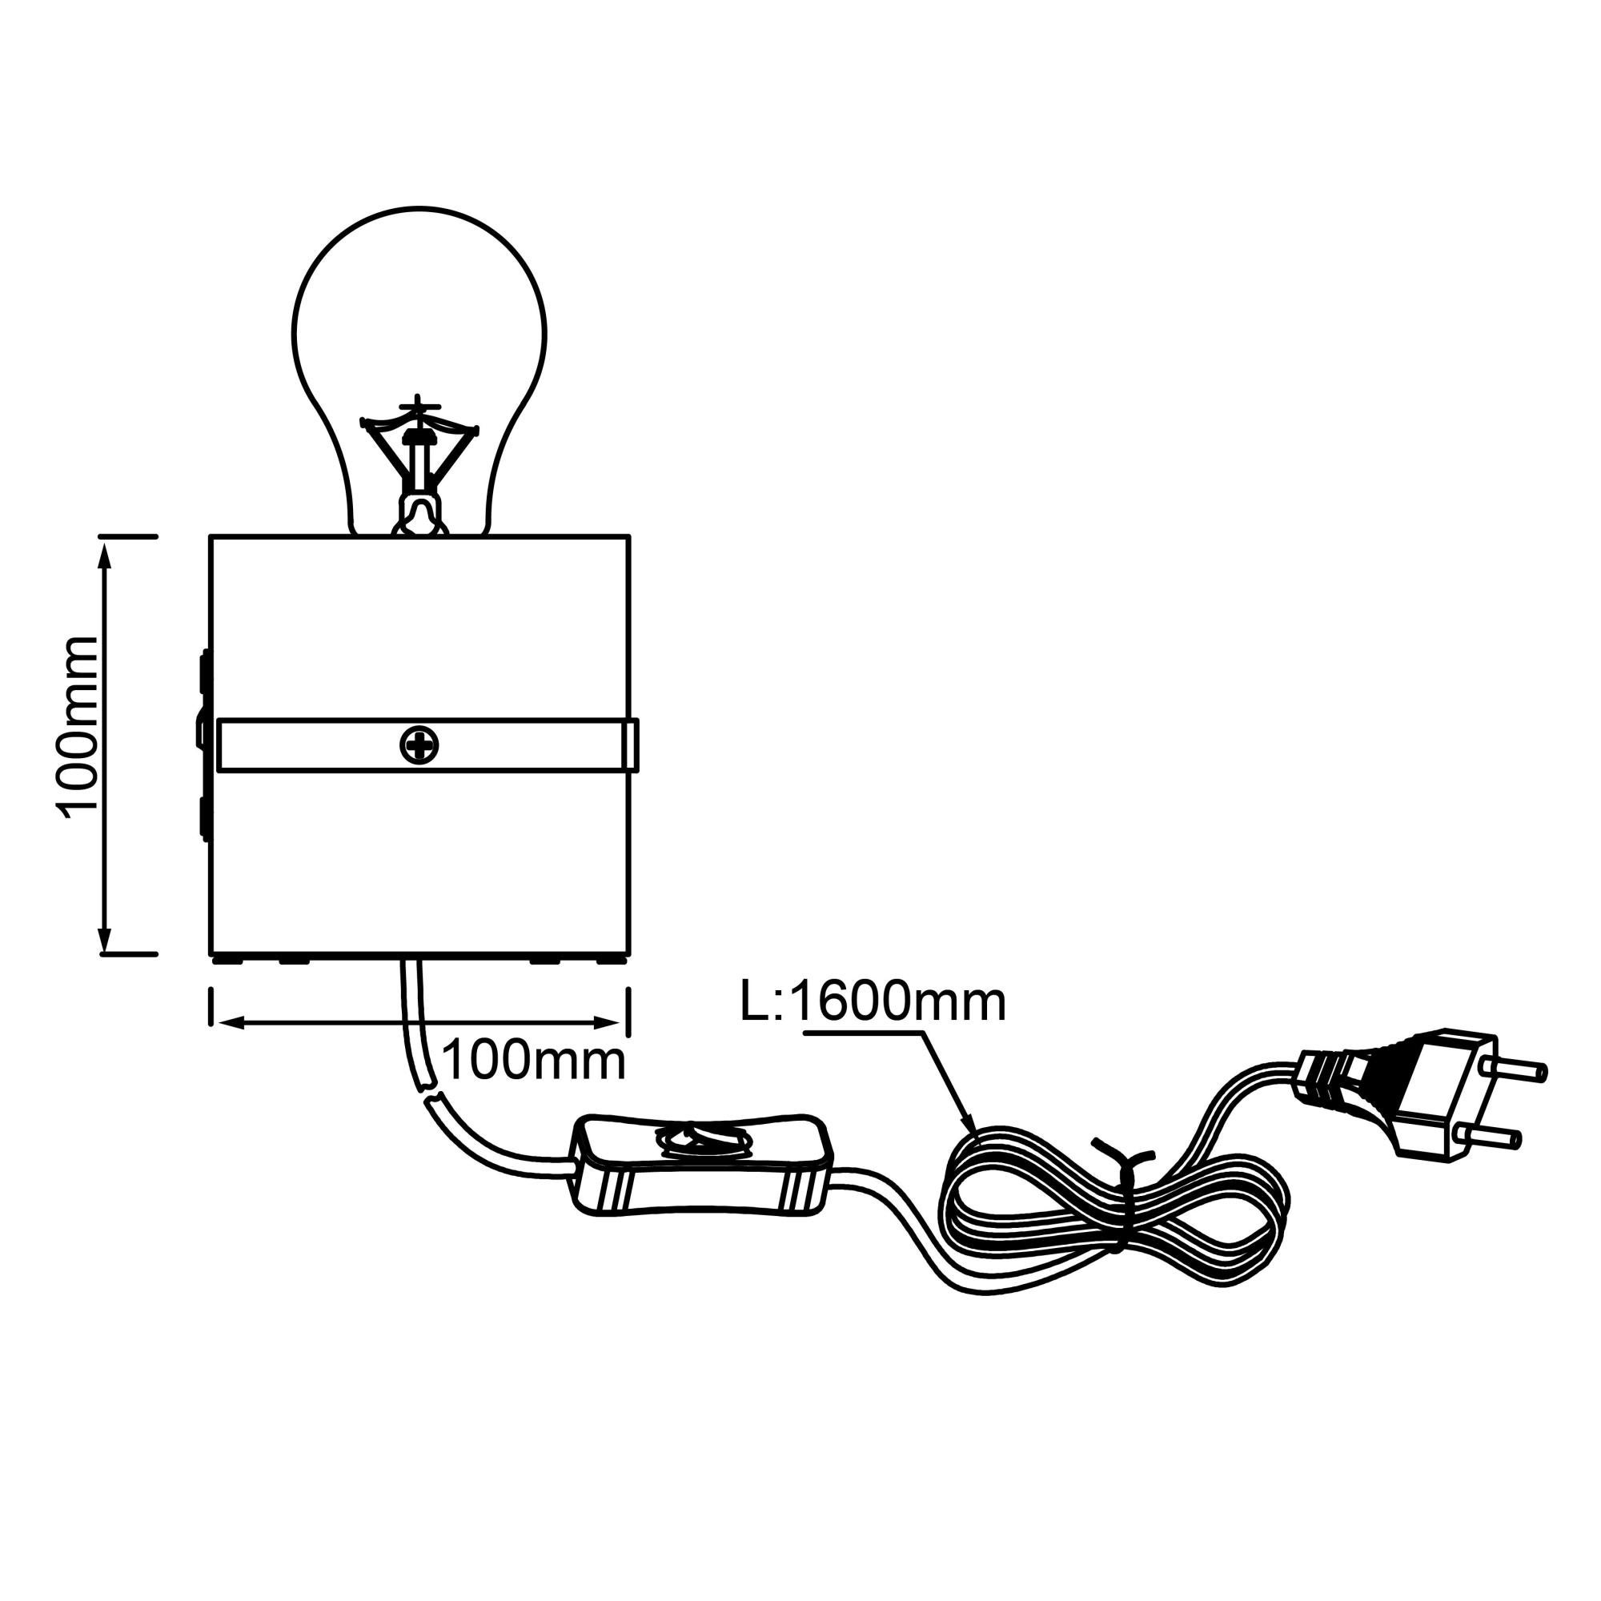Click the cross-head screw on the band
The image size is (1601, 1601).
point(419,745)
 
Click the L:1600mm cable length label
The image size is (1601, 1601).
point(873,1002)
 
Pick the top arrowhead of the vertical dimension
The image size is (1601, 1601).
point(104,554)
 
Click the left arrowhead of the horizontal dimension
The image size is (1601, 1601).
point(227,1022)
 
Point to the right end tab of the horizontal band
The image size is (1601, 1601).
point(632,745)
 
